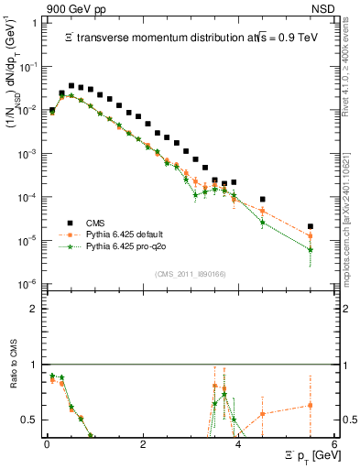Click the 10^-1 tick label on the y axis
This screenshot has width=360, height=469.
(27, 68)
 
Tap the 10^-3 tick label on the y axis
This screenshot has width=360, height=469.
(27, 155)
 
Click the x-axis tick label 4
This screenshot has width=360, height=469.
(239, 445)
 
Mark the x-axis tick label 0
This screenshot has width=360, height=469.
(47, 445)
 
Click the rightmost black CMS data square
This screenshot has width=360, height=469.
(311, 226)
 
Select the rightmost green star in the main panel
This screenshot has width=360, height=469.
(311, 249)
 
